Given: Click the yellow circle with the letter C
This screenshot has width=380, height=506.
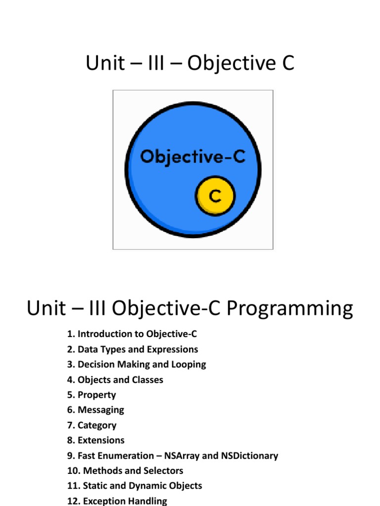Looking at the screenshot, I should [215, 196].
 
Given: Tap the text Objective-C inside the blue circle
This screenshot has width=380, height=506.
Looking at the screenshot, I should [192, 157].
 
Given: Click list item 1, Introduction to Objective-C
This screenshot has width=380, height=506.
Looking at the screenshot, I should [132, 335].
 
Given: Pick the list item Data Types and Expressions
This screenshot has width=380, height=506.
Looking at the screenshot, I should [132, 349].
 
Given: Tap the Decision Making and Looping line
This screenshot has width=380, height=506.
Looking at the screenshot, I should [137, 365].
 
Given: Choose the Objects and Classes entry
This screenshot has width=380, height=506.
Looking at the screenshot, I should [115, 379].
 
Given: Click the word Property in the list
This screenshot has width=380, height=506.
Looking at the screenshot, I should [97, 395].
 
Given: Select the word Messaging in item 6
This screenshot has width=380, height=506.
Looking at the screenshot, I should [101, 410].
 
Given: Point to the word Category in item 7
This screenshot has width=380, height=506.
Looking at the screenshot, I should [97, 425].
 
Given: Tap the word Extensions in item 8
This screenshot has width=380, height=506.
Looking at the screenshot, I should [101, 440].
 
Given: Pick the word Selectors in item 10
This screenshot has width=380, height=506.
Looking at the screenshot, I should [163, 470].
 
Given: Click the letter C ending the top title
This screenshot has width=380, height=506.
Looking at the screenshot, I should [287, 64].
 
